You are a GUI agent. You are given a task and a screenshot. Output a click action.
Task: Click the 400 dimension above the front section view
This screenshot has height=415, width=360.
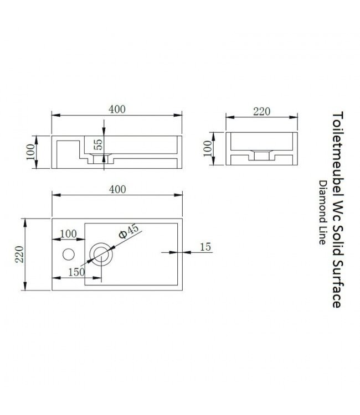116,109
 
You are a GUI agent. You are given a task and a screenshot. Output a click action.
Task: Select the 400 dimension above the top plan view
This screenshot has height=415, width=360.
116,189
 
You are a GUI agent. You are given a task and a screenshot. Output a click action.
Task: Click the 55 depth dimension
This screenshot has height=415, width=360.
98,144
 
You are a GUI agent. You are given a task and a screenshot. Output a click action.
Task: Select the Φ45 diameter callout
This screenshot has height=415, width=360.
128,231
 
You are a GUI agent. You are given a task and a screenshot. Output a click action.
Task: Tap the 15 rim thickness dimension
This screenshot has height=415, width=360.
205,247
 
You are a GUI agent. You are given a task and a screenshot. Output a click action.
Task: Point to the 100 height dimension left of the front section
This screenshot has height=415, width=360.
30,152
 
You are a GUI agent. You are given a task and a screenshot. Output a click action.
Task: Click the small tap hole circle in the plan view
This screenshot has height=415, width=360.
68,255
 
